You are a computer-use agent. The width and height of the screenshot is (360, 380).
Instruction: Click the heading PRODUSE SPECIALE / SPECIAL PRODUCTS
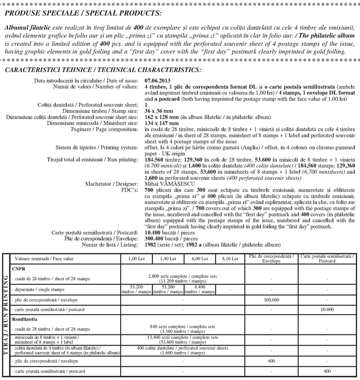pyautogui.click(x=83, y=11)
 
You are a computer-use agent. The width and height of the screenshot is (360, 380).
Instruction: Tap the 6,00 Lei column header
pyautogui.click(x=198, y=259)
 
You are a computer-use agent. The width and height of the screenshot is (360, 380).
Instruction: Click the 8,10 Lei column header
pyautogui.click(x=229, y=259)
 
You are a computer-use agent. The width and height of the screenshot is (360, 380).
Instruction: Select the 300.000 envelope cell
pyautogui.click(x=273, y=299)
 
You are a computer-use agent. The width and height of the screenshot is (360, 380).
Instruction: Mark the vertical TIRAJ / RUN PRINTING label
pyautogui.click(x=6, y=315)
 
